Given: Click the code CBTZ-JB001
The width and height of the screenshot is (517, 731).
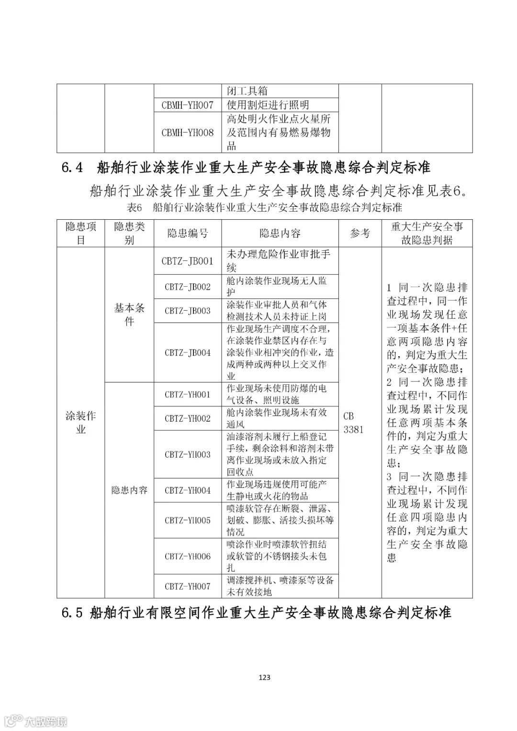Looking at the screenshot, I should [188, 261].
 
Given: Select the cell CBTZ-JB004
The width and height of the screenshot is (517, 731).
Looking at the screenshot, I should [188, 353].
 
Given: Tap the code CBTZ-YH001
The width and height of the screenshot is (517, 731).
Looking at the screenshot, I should [188, 394].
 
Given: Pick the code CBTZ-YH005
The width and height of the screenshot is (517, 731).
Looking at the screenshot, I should [188, 520].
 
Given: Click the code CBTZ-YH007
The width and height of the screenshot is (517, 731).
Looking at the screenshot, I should [188, 586].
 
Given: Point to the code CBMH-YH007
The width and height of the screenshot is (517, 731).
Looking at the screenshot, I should [188, 105].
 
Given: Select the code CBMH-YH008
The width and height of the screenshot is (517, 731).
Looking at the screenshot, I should [188, 133].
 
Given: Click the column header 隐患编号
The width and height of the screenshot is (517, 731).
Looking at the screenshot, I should [188, 234].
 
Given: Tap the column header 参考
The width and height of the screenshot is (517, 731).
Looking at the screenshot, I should [360, 234].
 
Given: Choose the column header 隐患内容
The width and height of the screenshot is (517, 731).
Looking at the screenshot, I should [280, 234].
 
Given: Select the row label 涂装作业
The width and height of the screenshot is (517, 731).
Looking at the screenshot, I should [80, 422].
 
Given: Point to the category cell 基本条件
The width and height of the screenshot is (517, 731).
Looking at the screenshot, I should [129, 315].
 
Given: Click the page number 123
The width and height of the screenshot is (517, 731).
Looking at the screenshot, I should [264, 677].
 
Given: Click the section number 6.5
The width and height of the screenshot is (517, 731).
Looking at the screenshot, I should [72, 613].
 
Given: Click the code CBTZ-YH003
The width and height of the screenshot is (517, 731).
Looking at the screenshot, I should [188, 454].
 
